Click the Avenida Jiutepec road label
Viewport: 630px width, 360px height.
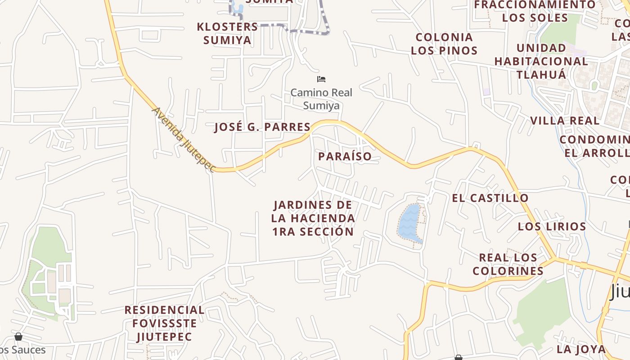tap(183, 139)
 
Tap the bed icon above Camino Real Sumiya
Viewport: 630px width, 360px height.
tap(321, 79)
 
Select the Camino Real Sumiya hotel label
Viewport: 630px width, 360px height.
tap(321, 99)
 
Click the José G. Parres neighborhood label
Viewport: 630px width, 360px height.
tap(262, 127)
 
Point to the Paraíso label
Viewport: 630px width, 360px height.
tap(345, 157)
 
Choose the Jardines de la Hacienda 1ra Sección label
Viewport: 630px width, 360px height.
tap(313, 218)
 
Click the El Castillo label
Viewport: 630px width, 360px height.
tap(490, 198)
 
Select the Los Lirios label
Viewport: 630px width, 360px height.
tap(552, 226)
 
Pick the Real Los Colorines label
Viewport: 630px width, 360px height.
tap(508, 264)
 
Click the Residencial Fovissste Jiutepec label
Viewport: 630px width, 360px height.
tap(164, 323)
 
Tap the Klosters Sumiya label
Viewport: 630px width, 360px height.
tap(227, 33)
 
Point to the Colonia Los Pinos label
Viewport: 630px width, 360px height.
tap(444, 44)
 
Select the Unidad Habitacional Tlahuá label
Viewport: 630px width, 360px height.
tap(541, 61)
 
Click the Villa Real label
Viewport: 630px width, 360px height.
tap(565, 121)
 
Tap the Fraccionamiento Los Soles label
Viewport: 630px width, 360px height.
tap(535, 11)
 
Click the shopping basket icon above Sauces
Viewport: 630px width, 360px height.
tap(18, 337)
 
